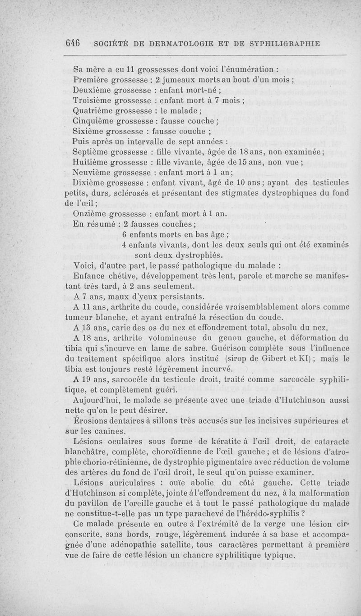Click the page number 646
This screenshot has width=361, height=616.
(x=72, y=43)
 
